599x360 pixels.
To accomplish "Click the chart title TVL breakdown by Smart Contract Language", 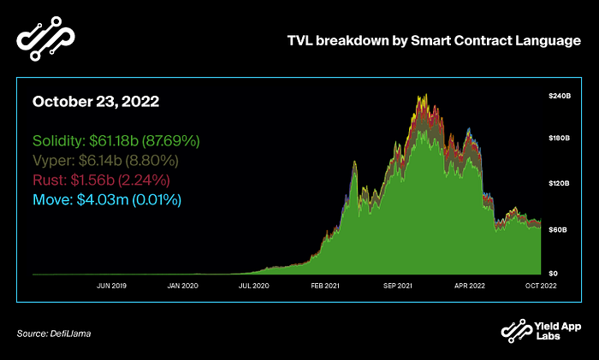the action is click(434, 41).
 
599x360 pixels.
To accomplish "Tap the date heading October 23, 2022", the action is click(96, 102).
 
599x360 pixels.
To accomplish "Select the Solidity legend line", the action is click(116, 141).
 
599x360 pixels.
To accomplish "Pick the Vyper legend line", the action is click(105, 161).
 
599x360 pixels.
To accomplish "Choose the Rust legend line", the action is click(101, 180).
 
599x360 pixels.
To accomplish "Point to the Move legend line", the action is click(107, 199).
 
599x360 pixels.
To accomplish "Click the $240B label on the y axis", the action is click(560, 96).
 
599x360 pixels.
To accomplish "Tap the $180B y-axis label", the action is click(560, 138).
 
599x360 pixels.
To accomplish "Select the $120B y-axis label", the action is click(560, 183).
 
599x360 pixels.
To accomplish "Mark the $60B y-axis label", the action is click(558, 230).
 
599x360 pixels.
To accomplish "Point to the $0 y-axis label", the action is click(553, 274).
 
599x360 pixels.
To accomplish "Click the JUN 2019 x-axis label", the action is click(111, 286).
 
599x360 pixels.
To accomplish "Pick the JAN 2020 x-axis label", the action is click(182, 286).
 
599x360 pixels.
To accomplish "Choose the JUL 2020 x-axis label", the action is click(254, 286).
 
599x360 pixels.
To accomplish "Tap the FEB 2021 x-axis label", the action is click(325, 286).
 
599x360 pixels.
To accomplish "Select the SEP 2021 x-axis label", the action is click(398, 286).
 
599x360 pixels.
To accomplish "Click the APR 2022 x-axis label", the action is click(470, 286).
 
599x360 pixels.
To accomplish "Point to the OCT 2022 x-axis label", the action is click(541, 286).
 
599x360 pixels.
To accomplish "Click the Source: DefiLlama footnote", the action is click(54, 333).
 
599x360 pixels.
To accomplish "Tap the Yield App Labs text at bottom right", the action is click(558, 331).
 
